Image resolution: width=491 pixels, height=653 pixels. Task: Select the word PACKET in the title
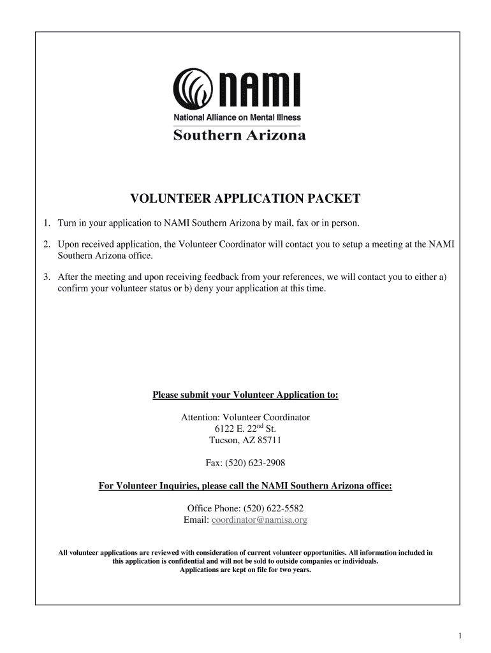tap(334, 199)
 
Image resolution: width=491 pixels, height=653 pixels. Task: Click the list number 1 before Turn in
tap(47, 223)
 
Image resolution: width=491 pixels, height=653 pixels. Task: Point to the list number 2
tap(47, 244)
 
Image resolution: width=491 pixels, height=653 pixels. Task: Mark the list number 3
tap(47, 277)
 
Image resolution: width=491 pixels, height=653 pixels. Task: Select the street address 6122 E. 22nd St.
tap(246, 429)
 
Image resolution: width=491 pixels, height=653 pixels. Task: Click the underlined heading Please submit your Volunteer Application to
tap(246, 395)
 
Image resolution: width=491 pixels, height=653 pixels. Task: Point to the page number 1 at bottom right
tap(460, 636)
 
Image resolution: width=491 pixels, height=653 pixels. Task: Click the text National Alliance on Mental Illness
tap(237, 117)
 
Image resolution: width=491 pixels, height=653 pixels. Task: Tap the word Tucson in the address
tap(224, 440)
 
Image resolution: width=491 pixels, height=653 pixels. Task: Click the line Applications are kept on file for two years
tap(246, 570)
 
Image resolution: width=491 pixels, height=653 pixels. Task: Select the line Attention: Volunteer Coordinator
tap(246, 417)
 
